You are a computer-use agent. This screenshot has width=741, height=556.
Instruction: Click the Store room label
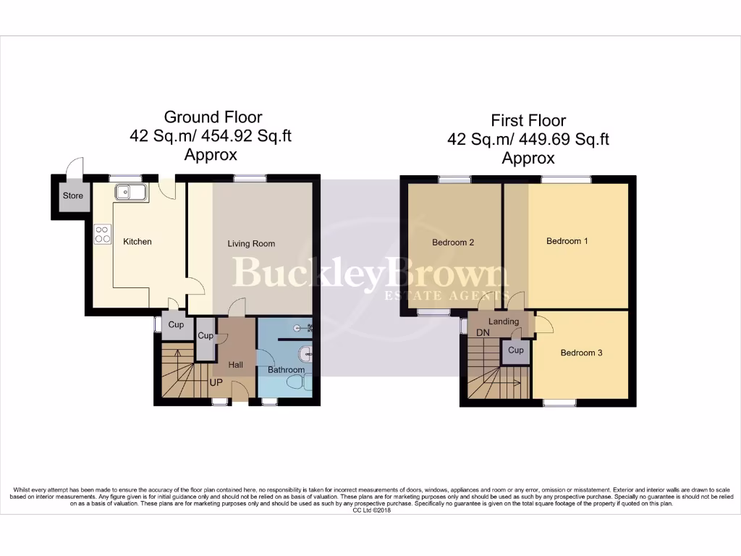click(72, 196)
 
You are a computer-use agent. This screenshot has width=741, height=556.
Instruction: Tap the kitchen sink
click(130, 192)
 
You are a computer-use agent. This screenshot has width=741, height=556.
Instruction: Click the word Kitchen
click(137, 241)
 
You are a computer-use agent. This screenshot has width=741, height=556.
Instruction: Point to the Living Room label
click(251, 244)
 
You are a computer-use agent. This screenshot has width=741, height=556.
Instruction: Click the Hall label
click(236, 366)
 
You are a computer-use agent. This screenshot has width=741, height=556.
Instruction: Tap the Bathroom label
click(286, 370)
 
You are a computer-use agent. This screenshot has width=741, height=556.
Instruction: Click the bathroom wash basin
click(307, 353)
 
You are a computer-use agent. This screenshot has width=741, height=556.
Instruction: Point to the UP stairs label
click(216, 382)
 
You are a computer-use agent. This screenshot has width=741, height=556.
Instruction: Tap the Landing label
click(504, 321)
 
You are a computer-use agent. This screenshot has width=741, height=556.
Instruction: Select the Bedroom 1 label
click(567, 241)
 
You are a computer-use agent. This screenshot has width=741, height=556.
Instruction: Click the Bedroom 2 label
click(453, 243)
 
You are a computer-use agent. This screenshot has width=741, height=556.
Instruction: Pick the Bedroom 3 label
click(581, 353)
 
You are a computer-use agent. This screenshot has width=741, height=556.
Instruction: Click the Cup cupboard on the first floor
click(515, 350)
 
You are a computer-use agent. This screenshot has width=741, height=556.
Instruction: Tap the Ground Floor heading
click(213, 117)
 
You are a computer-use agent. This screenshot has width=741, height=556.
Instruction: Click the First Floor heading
click(528, 120)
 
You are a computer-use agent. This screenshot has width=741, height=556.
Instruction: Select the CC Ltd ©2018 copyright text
click(370, 510)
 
